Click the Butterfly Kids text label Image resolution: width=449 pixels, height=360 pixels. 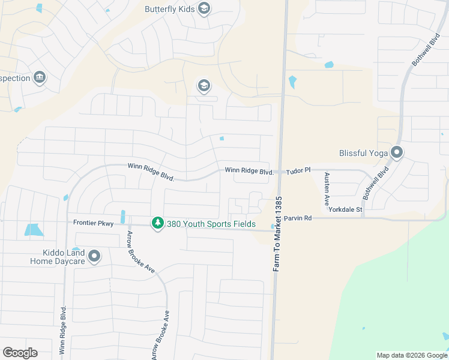click(170, 9)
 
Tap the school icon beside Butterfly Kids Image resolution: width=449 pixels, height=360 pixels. click(204, 8)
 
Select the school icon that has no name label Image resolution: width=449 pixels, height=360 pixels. click(204, 86)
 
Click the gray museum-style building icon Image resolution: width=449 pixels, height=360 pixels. click(40, 78)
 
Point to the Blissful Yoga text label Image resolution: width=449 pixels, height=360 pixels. click(363, 153)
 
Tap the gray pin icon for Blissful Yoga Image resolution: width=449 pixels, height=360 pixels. click(396, 153)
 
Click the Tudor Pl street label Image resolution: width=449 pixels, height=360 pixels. click(298, 171)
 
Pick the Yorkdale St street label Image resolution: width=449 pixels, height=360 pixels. click(345, 209)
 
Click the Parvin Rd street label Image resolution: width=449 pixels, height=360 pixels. click(298, 218)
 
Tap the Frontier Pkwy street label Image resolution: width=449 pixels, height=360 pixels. click(93, 222)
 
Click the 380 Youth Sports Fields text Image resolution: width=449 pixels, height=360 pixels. click(209, 224)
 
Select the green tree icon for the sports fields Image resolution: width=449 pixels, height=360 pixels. click(157, 223)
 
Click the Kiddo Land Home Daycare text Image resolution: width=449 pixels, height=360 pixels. click(58, 257)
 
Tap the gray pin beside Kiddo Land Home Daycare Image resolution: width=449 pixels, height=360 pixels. click(94, 257)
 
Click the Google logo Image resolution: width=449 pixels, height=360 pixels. click(20, 352)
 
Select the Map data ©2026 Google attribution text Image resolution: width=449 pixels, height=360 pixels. click(411, 355)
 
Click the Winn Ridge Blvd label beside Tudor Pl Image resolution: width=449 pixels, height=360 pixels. click(249, 171)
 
